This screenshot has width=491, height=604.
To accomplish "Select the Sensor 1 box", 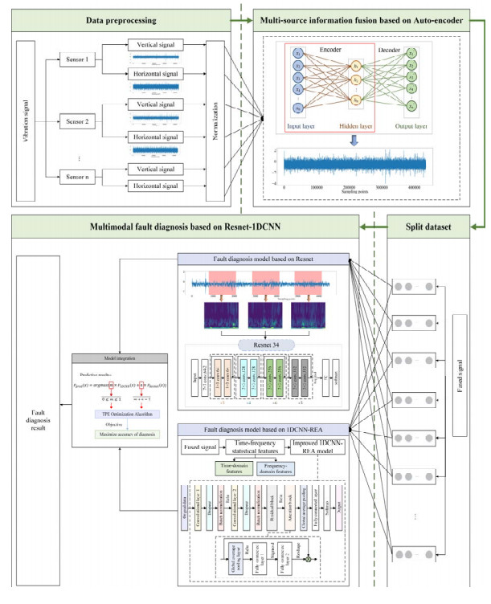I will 80,59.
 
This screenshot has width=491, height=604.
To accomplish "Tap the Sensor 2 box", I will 80,124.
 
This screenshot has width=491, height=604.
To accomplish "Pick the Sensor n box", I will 80,175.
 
